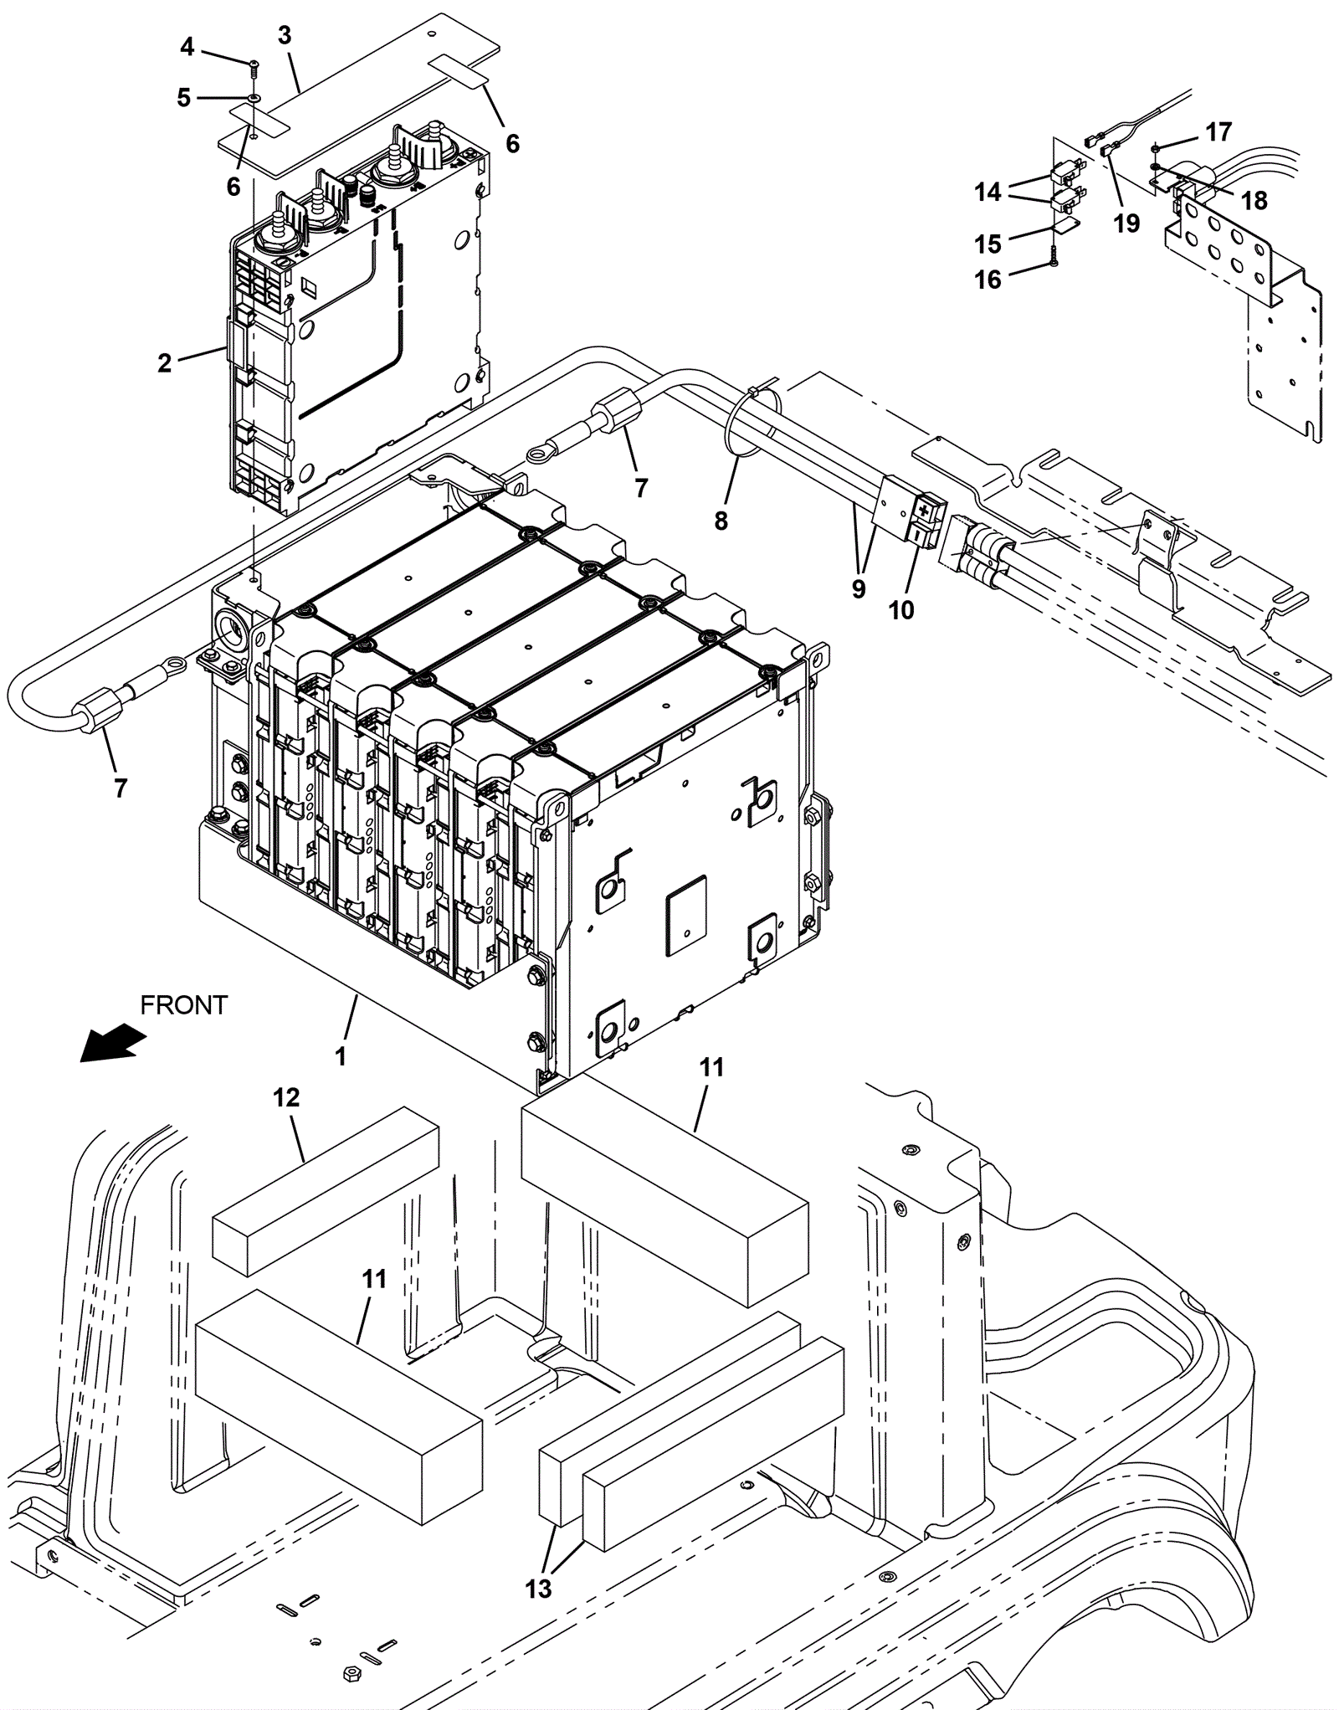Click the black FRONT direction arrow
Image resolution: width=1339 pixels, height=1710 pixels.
[113, 1041]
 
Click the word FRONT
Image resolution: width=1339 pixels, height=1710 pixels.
[184, 1004]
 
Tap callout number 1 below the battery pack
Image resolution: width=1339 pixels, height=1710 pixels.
[341, 1056]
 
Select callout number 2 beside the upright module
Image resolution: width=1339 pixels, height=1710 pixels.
[164, 363]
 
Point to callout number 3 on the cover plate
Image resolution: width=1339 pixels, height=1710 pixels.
[285, 35]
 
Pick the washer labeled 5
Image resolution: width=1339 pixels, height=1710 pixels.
[253, 98]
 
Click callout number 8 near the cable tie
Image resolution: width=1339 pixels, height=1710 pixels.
[721, 521]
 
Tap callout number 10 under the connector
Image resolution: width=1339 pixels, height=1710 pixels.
[900, 610]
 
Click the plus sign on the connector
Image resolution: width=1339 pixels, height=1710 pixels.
[925, 508]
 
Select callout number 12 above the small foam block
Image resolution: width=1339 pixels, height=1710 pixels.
[286, 1097]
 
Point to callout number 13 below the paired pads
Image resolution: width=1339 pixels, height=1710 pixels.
[539, 1588]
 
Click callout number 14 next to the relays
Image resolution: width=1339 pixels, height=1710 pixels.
[988, 193]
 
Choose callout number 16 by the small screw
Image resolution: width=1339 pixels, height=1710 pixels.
[988, 280]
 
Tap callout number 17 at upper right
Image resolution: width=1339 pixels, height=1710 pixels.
[1218, 131]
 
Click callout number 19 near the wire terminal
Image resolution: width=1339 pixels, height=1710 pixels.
[1126, 223]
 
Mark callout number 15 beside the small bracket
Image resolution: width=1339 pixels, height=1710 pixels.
[988, 244]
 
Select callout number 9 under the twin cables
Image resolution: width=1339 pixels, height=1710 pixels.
[859, 589]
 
